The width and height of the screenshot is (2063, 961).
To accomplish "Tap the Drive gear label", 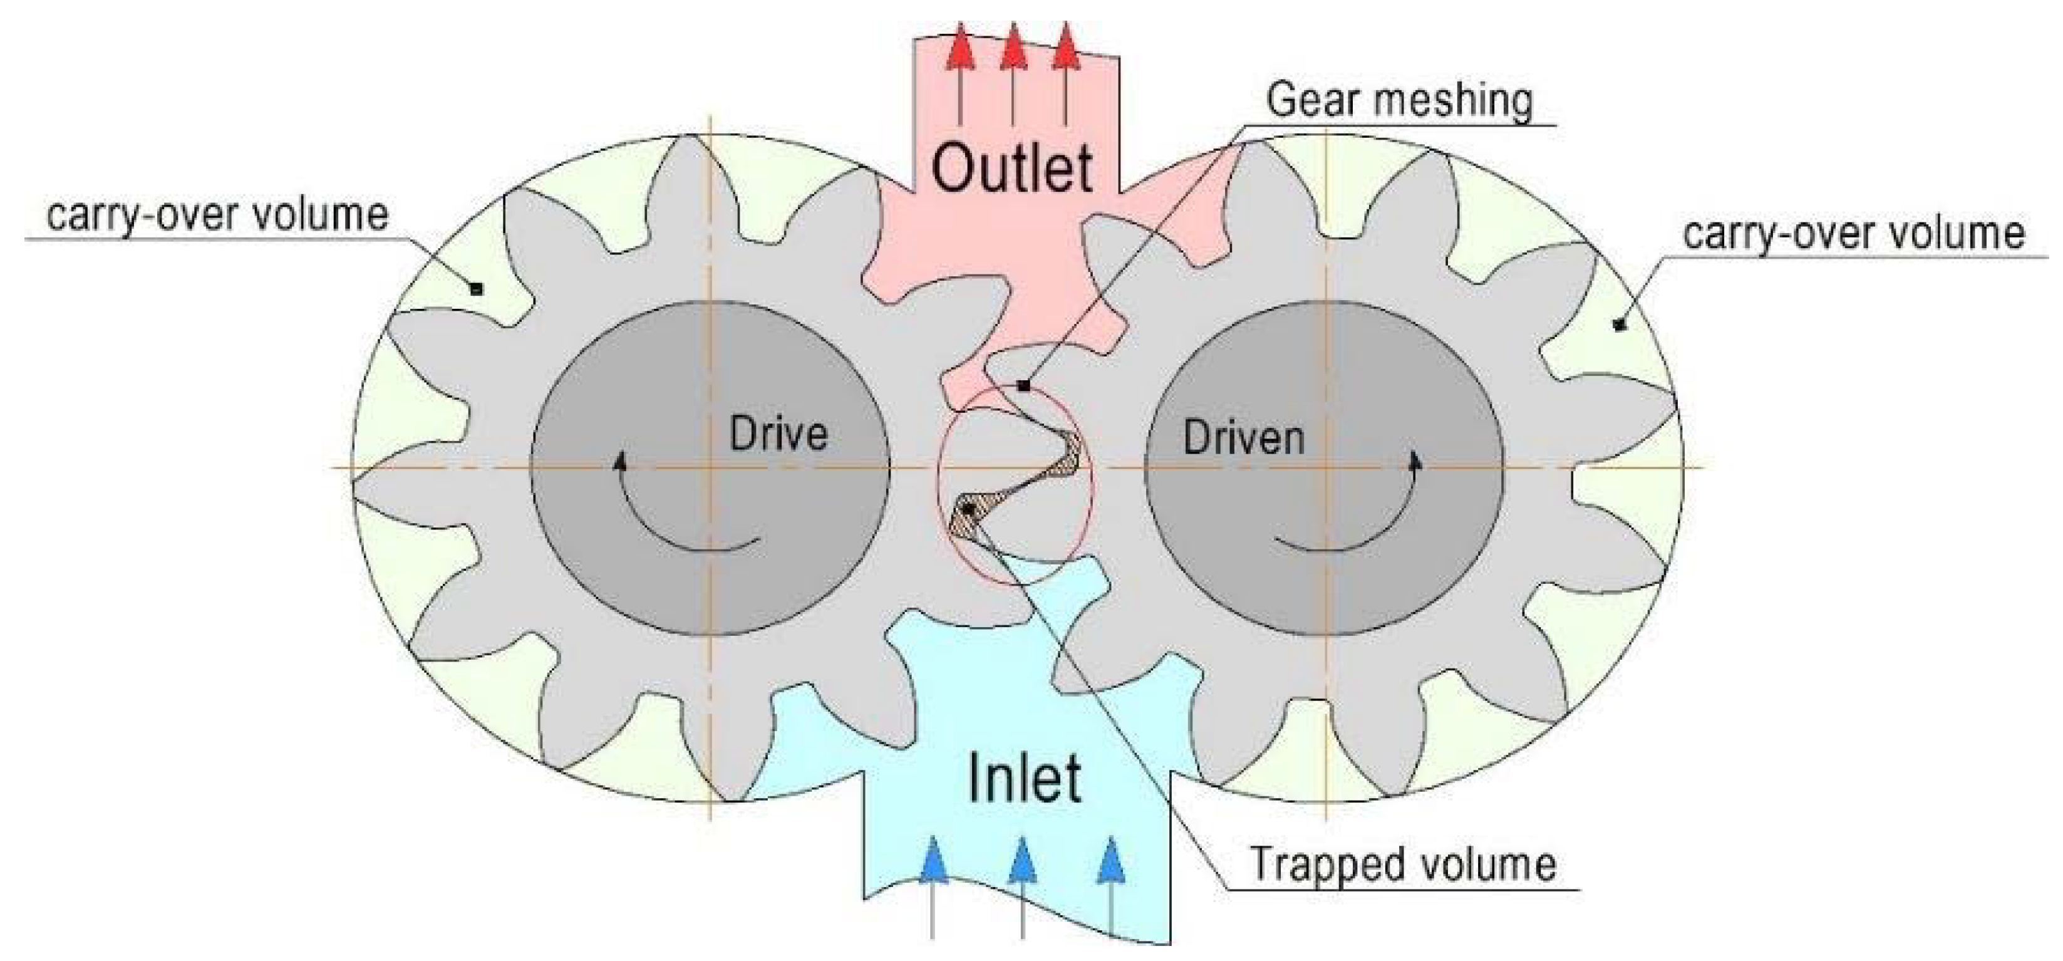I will tap(778, 435).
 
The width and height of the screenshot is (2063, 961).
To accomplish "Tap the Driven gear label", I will tap(1244, 438).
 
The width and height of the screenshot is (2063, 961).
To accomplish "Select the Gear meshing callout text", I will tap(1399, 101).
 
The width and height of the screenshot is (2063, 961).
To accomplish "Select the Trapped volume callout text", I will tap(1403, 864).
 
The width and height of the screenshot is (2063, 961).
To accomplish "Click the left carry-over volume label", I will tap(217, 215).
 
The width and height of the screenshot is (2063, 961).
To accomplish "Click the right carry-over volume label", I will tap(1853, 234).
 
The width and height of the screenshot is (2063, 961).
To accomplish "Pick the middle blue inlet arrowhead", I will tap(1022, 860).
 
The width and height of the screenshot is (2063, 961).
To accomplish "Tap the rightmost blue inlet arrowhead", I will tap(1110, 860).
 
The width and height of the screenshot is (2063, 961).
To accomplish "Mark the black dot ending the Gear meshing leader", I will tap(1023, 386).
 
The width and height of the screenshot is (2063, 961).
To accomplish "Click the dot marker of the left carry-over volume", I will tap(476, 289).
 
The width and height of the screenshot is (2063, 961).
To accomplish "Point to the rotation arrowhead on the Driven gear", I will tap(1416, 461).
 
